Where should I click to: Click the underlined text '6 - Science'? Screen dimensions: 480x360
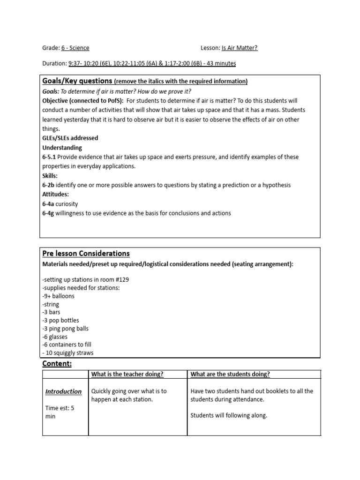click(75, 48)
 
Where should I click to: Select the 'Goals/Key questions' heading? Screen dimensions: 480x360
click(77, 81)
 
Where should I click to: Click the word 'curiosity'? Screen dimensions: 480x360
click(67, 204)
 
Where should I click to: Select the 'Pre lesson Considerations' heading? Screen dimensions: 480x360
click(86, 254)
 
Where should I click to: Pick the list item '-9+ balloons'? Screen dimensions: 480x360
click(58, 296)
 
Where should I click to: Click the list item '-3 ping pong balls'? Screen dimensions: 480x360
click(65, 329)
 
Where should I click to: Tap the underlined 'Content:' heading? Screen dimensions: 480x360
click(57, 364)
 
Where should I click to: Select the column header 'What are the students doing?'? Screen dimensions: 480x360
click(230, 374)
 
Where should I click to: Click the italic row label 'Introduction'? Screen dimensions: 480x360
click(63, 391)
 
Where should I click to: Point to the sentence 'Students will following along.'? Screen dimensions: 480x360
click(229, 415)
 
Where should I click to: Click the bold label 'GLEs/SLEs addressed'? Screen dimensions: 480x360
click(70, 138)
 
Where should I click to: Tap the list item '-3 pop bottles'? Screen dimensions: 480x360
click(60, 321)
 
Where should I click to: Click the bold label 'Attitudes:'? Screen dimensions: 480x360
click(56, 195)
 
